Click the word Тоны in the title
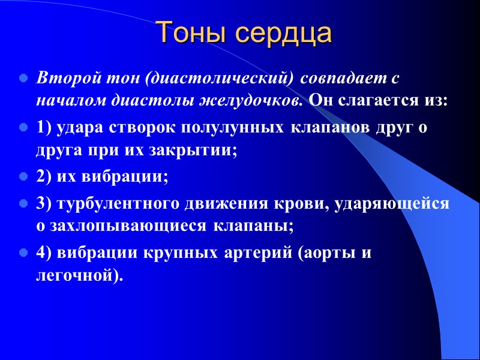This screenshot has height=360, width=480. click(191, 34)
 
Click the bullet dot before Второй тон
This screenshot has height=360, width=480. click(23, 79)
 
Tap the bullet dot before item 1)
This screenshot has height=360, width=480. click(23, 128)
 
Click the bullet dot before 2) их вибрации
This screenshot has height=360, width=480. click(23, 177)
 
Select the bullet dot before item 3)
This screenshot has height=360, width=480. click(23, 204)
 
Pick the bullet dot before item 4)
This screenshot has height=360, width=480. click(23, 253)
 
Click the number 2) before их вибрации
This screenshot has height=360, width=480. click(44, 177)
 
